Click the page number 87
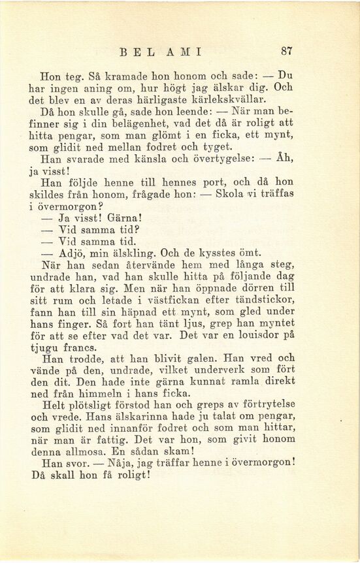[286, 50]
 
